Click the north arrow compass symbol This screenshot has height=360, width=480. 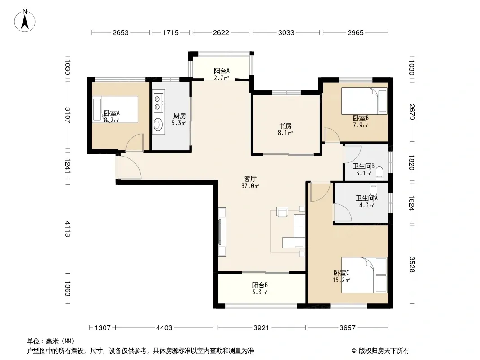(25, 21)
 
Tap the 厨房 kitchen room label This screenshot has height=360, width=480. (180, 116)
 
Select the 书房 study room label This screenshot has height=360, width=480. (285, 126)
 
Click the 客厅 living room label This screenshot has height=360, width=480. (250, 179)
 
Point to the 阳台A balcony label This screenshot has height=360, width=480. (222, 71)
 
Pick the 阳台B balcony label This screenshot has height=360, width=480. (260, 285)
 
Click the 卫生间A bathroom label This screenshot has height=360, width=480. (367, 198)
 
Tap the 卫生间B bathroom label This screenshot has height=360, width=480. (363, 166)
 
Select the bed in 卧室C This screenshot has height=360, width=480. (364, 274)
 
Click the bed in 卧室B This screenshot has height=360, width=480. (364, 101)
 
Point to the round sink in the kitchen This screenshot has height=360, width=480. (158, 125)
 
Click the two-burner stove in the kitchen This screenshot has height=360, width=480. (158, 103)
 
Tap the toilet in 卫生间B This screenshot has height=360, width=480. (379, 173)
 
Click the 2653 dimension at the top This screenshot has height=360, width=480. (120, 32)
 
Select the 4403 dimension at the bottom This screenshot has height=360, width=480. (164, 328)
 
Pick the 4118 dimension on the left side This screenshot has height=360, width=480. (68, 229)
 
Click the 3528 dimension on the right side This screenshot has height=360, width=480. (412, 265)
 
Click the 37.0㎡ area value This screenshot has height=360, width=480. (250, 186)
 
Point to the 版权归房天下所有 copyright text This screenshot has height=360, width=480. (384, 351)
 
